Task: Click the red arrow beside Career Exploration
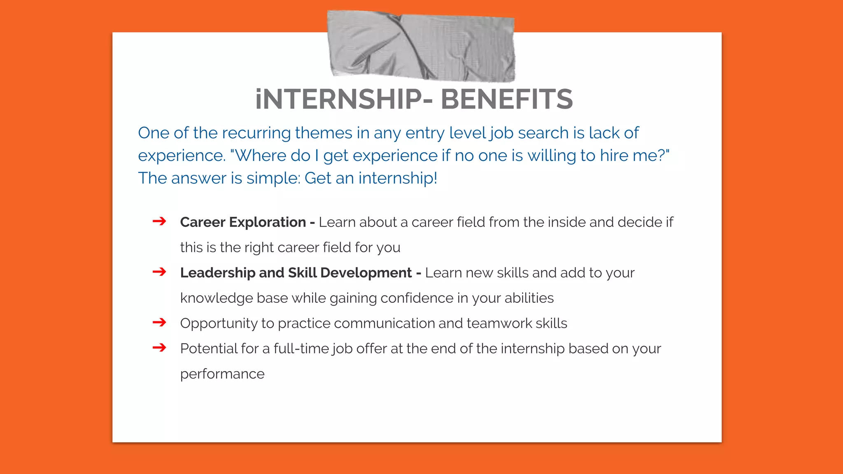pyautogui.click(x=159, y=221)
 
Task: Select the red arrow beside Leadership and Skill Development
pyautogui.click(x=159, y=272)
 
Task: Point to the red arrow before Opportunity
pyautogui.click(x=159, y=323)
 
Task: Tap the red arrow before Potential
pyautogui.click(x=159, y=348)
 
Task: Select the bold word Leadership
pyautogui.click(x=218, y=273)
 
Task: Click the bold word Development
pyautogui.click(x=366, y=273)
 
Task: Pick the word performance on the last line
pyautogui.click(x=222, y=374)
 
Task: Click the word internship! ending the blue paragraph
pyautogui.click(x=398, y=178)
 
